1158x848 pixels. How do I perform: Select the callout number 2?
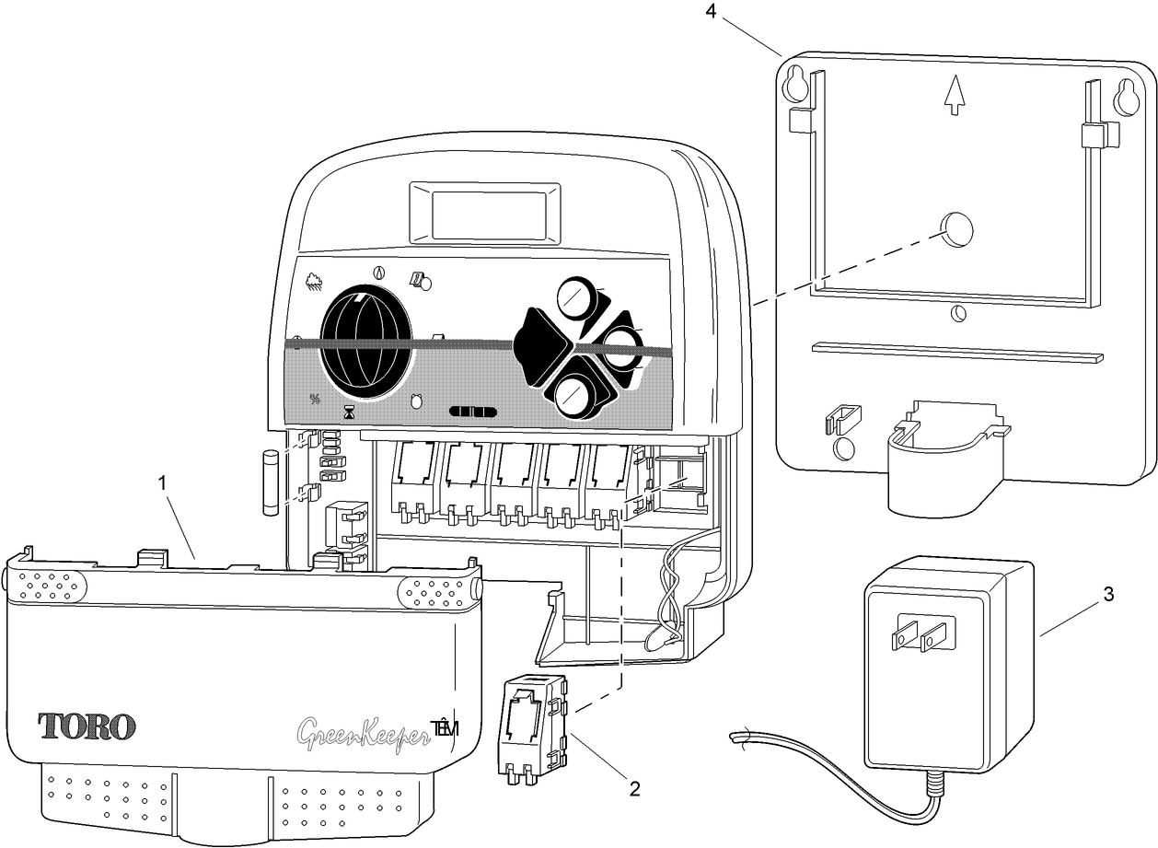tap(634, 787)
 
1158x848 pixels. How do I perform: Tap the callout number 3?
tap(1109, 595)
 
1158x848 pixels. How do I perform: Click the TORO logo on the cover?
tap(88, 726)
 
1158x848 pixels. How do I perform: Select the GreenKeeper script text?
tap(365, 734)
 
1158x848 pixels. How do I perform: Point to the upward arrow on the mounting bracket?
tap(955, 96)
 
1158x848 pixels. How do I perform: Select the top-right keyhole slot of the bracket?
tap(1125, 97)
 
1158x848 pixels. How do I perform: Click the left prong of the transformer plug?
tap(904, 635)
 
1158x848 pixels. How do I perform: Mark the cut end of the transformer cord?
tap(735, 738)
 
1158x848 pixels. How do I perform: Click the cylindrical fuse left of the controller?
tap(271, 483)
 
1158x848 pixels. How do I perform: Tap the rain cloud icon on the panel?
tap(313, 280)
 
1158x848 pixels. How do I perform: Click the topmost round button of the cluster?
tap(577, 296)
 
